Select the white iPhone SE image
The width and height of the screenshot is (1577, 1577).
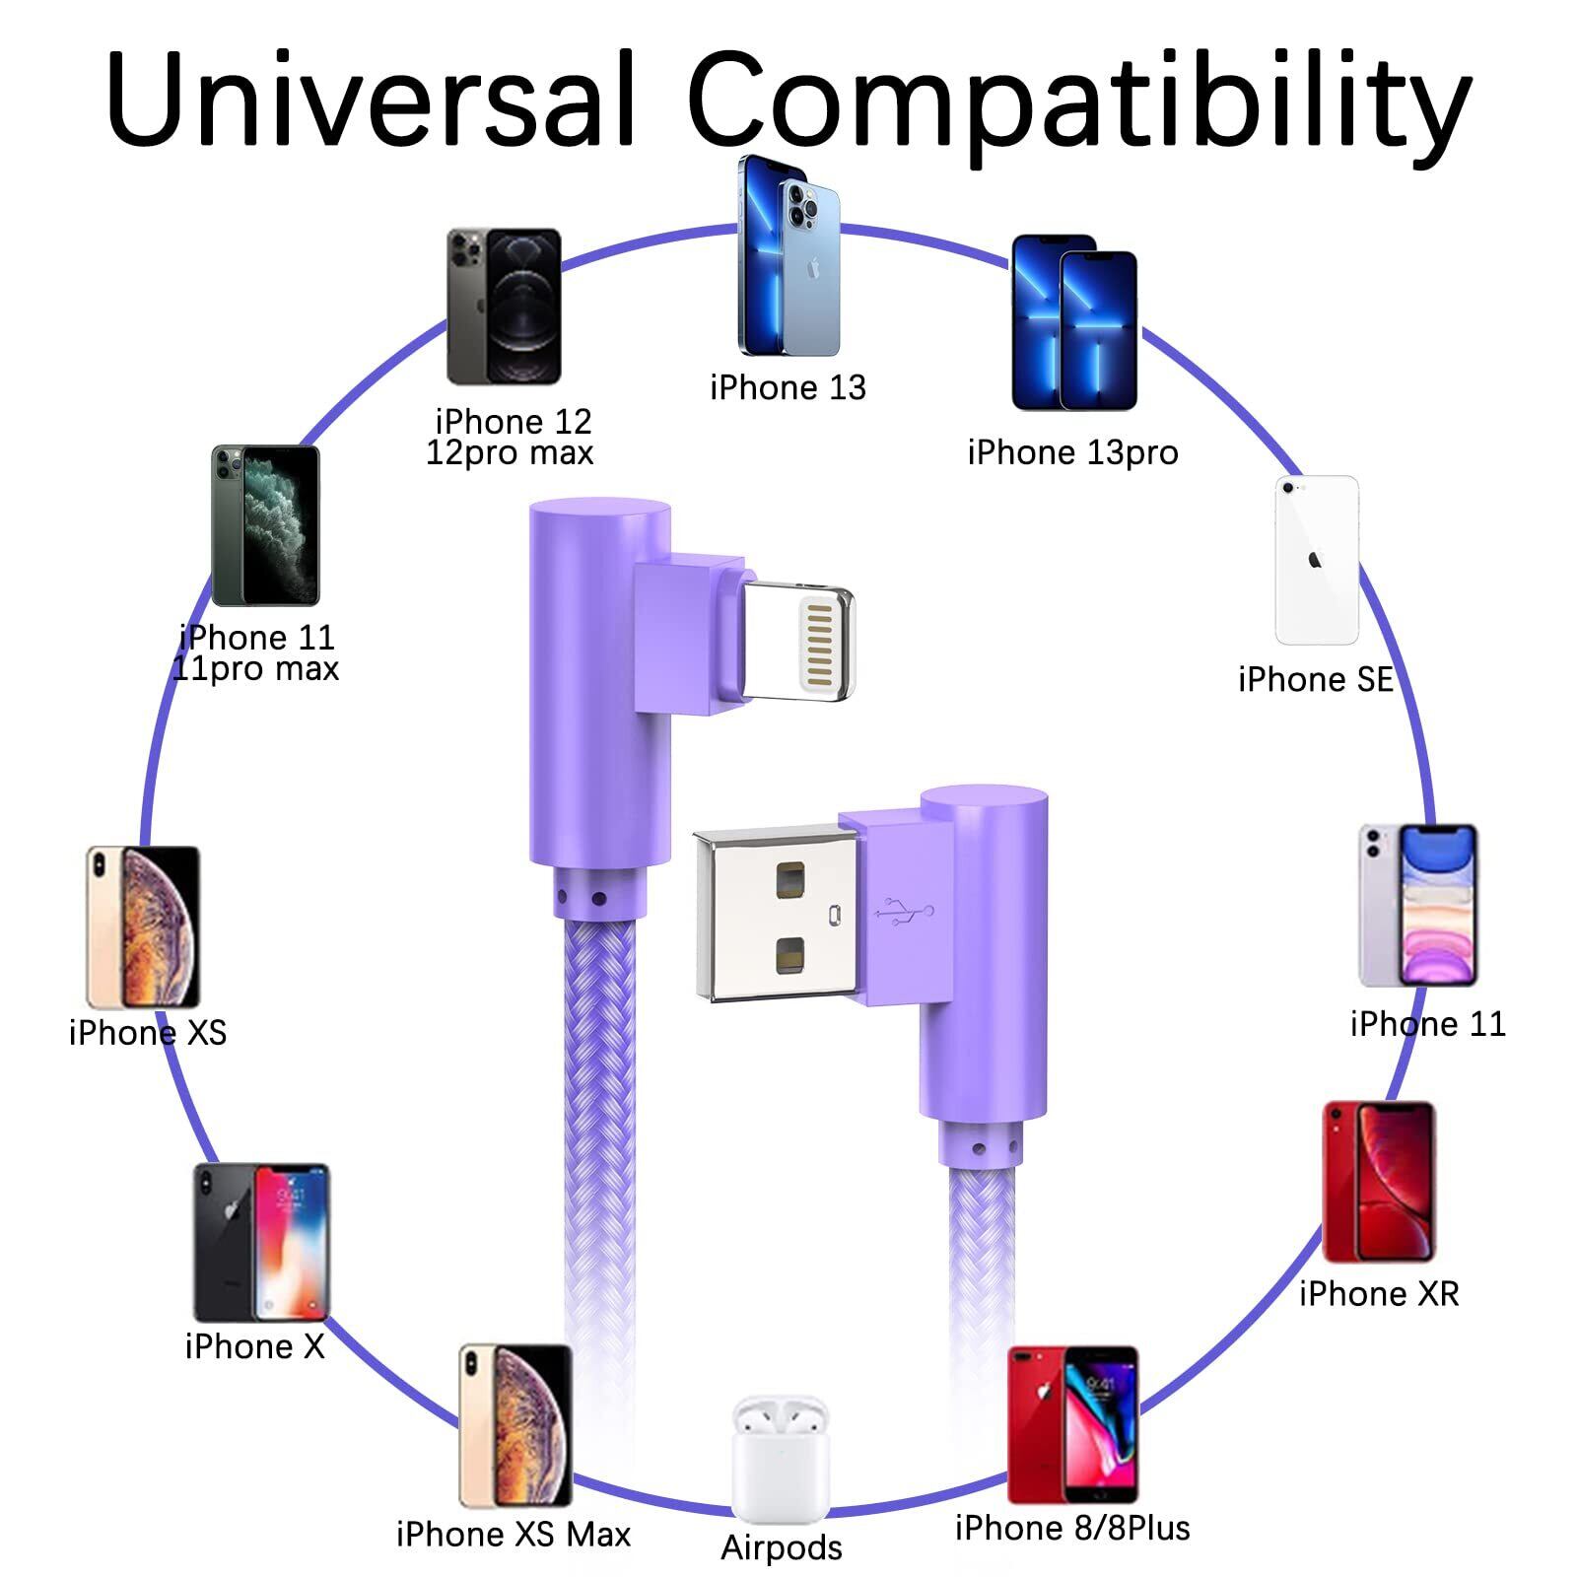[1317, 560]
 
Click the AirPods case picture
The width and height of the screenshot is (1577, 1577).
[781, 1458]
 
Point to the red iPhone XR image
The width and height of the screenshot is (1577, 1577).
[1378, 1182]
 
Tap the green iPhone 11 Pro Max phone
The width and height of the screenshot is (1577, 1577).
[266, 525]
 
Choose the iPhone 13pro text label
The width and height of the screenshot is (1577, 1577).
[1072, 452]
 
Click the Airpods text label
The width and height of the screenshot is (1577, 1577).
[782, 1547]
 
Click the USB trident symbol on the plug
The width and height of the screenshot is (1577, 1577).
[904, 912]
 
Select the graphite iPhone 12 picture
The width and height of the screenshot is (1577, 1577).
[504, 307]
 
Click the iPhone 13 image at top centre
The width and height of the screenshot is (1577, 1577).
[788, 256]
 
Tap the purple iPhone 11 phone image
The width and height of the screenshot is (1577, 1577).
[1418, 905]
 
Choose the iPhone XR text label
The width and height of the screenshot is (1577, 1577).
[1379, 1293]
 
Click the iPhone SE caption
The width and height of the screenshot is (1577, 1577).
[1316, 679]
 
